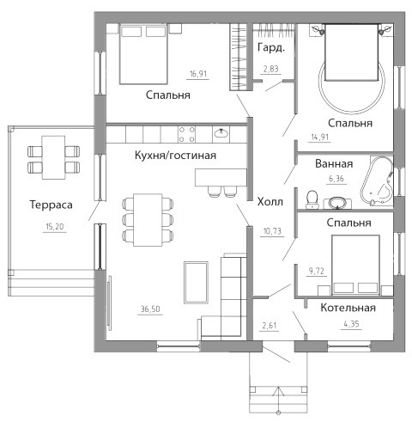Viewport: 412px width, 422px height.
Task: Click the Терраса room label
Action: tap(51, 205)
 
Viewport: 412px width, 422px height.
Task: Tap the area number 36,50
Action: tap(150, 309)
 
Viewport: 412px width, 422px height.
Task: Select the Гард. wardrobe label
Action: tap(271, 48)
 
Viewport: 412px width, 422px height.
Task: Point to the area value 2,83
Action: tap(270, 69)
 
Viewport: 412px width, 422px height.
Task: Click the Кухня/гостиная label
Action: tap(175, 156)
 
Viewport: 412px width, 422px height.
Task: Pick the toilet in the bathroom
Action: tap(312, 199)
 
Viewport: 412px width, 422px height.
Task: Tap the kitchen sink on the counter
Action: tap(221, 133)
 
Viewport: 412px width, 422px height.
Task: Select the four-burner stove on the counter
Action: tap(186, 134)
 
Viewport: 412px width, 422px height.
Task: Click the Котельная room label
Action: tap(348, 308)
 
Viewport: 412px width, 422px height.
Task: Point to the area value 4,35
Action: tap(351, 324)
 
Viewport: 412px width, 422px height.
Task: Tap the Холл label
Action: tap(270, 202)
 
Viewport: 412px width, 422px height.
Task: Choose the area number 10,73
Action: tap(272, 231)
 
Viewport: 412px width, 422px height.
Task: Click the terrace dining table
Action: tap(53, 157)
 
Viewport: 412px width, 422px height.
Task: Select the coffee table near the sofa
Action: tap(196, 282)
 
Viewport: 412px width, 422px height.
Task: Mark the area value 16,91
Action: tap(198, 74)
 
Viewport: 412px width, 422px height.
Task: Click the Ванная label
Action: tap(334, 164)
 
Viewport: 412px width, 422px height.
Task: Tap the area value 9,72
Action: tap(316, 271)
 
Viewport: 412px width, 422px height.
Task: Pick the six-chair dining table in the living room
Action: tap(148, 220)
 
